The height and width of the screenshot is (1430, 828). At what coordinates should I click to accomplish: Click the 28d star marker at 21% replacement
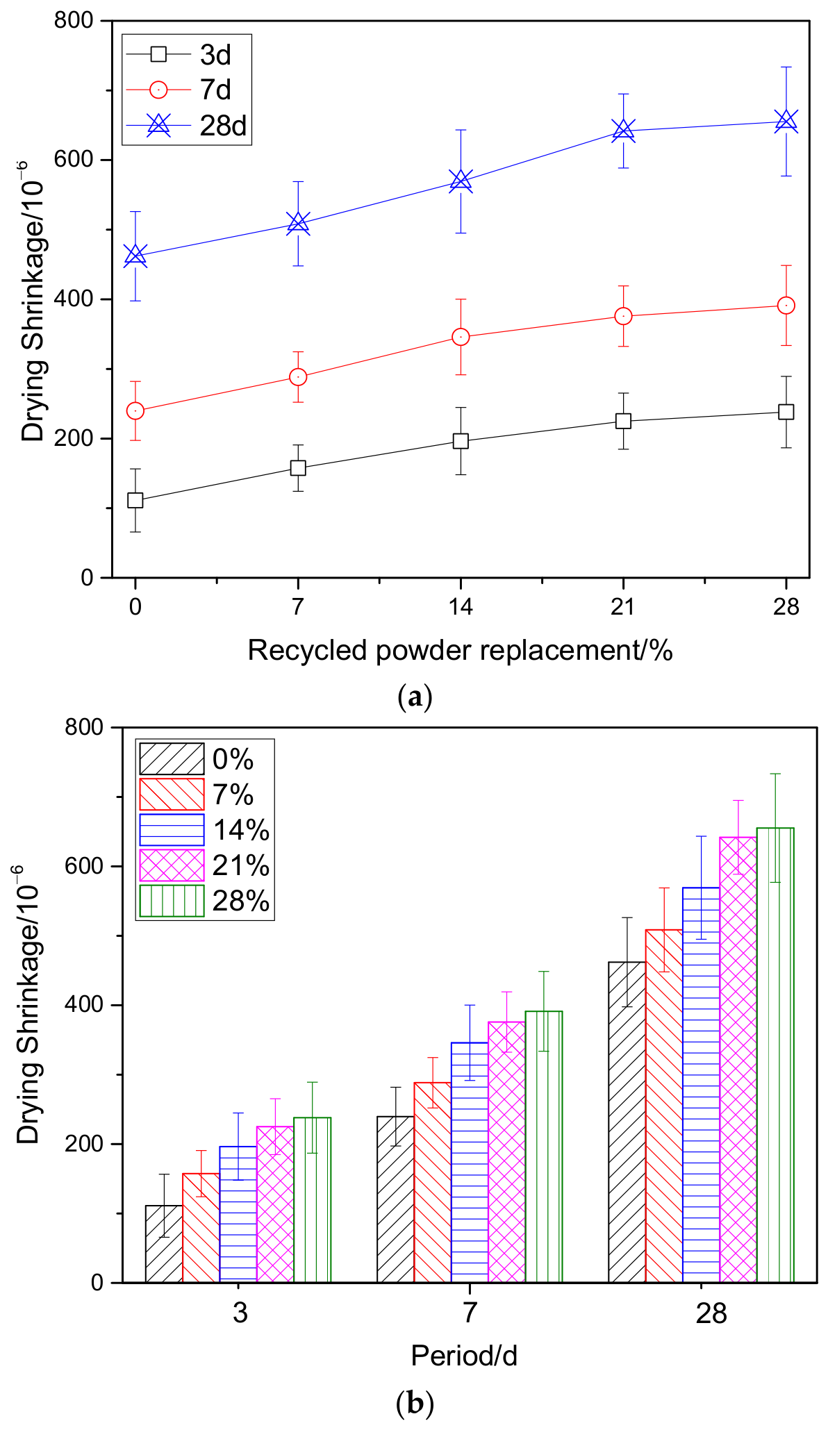[x=623, y=131]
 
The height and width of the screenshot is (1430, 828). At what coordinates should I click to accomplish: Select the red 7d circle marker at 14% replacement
[x=461, y=337]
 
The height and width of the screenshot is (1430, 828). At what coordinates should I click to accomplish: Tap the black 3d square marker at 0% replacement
[x=135, y=500]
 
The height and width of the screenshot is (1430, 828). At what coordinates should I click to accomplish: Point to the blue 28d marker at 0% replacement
[x=135, y=256]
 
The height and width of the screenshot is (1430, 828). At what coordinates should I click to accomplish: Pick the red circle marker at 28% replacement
[x=786, y=306]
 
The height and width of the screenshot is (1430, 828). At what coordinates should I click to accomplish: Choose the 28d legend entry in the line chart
[x=186, y=126]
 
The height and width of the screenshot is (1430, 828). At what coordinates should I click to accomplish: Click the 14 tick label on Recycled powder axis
[x=461, y=607]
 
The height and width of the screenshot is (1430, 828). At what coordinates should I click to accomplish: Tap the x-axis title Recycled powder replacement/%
[x=461, y=651]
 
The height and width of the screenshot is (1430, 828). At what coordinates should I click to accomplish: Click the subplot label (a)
[x=415, y=696]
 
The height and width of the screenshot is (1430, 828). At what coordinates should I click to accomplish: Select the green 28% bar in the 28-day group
[x=775, y=1055]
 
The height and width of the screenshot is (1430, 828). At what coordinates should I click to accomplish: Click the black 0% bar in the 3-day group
[x=164, y=1244]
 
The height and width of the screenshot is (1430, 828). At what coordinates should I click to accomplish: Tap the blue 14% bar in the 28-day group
[x=702, y=1085]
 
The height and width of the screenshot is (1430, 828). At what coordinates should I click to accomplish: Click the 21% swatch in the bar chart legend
[x=172, y=865]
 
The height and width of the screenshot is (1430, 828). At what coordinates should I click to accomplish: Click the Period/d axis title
[x=464, y=1356]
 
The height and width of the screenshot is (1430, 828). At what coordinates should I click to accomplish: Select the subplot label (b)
[x=415, y=1404]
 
